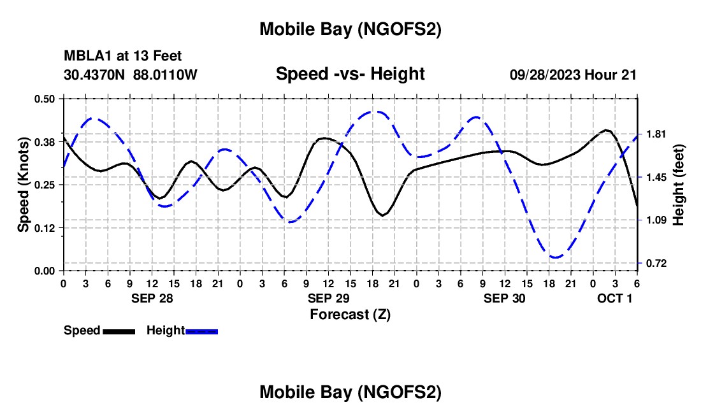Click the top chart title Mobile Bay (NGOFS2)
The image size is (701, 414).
pyautogui.click(x=350, y=29)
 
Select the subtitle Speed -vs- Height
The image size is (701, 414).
pyautogui.click(x=350, y=74)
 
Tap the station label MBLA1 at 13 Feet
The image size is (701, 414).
pyautogui.click(x=123, y=57)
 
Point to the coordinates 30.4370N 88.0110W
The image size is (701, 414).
pyautogui.click(x=131, y=75)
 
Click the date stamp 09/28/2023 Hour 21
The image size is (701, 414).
pyautogui.click(x=573, y=75)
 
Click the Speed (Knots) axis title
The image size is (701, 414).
pyautogui.click(x=23, y=185)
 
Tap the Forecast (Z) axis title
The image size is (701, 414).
pyautogui.click(x=350, y=314)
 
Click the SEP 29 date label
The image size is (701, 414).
pyautogui.click(x=328, y=298)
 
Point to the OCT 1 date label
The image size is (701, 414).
pyautogui.click(x=614, y=298)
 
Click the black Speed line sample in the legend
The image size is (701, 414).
pyautogui.click(x=119, y=331)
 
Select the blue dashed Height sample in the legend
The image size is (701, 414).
pyautogui.click(x=201, y=331)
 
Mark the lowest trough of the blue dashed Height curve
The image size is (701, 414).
pyautogui.click(x=556, y=257)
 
